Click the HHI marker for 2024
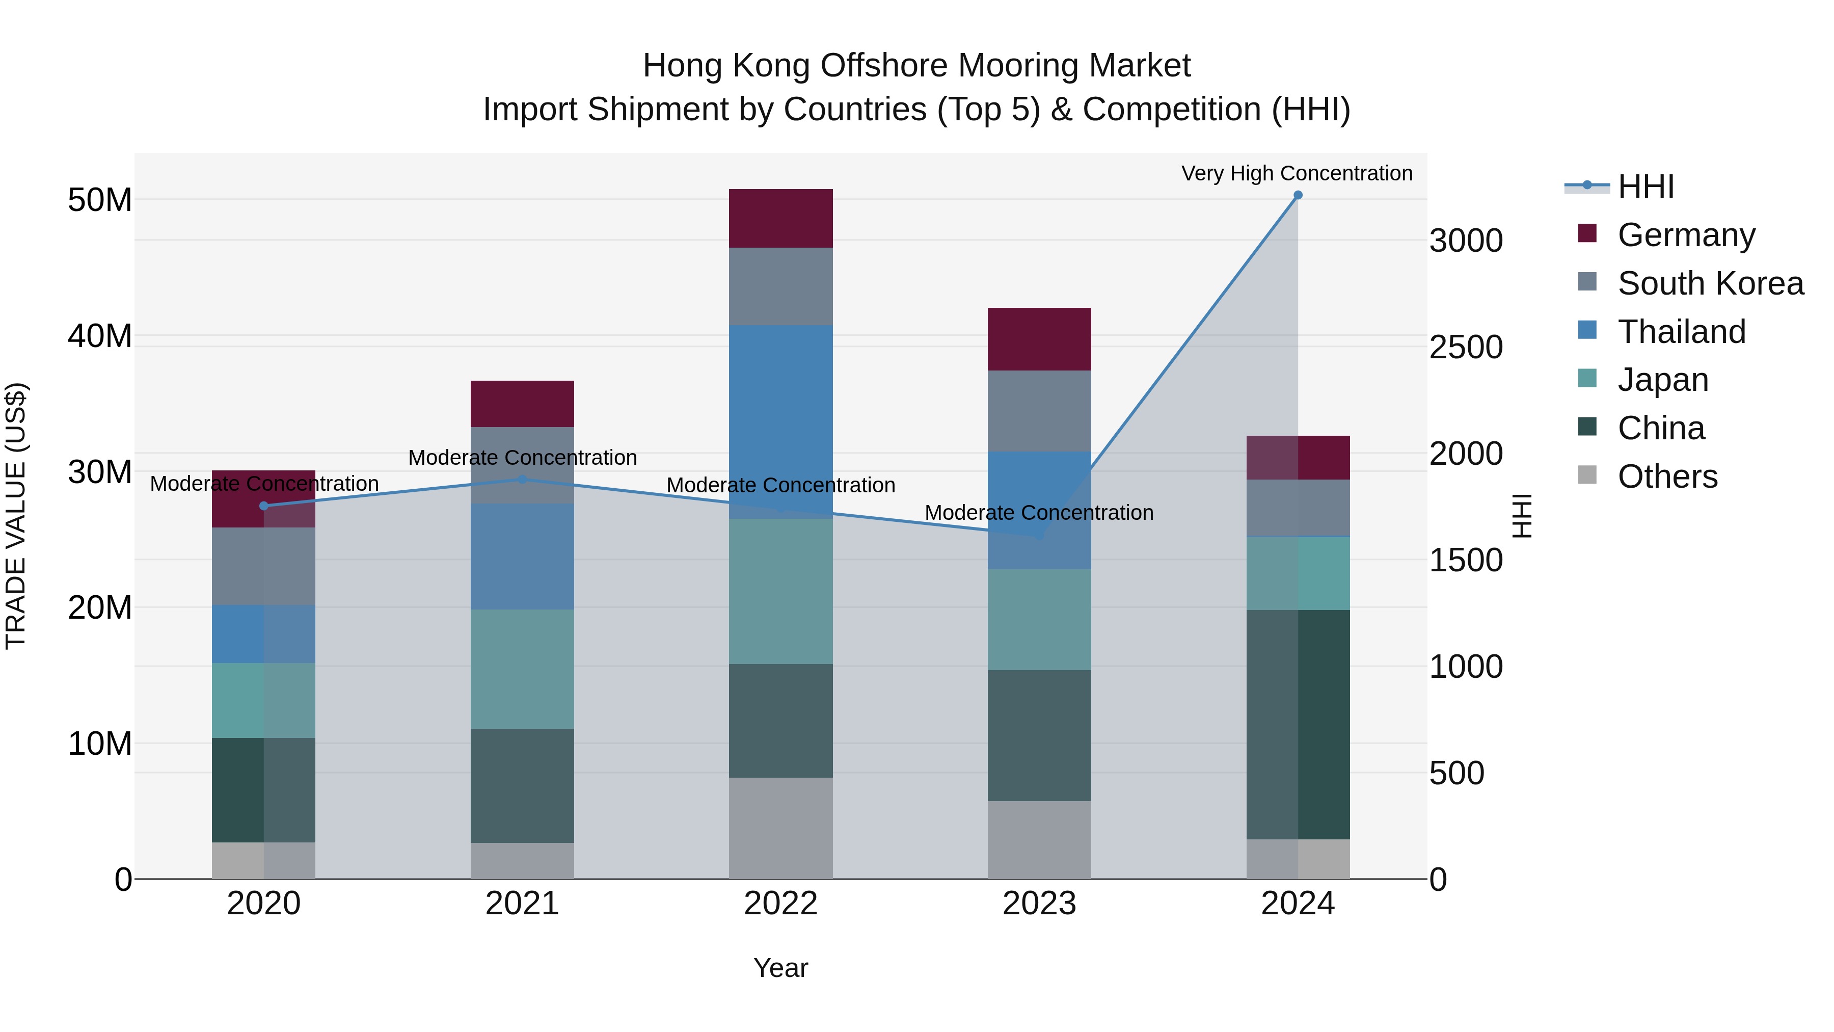tap(1297, 195)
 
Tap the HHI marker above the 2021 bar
tap(523, 480)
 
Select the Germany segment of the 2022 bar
tap(780, 219)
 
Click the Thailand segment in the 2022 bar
tap(780, 420)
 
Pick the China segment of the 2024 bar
tap(1297, 724)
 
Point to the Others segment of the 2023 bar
tap(1039, 840)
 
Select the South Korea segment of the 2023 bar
tap(1039, 410)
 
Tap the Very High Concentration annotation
tap(1297, 174)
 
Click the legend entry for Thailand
tap(1681, 332)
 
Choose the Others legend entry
tap(1667, 477)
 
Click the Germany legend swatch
tap(1587, 233)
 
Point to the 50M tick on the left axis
tap(100, 200)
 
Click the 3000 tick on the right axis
tap(1465, 241)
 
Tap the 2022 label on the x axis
tap(780, 904)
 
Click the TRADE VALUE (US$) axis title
tap(16, 516)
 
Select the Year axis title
tap(780, 968)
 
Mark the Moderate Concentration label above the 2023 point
tap(1039, 513)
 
